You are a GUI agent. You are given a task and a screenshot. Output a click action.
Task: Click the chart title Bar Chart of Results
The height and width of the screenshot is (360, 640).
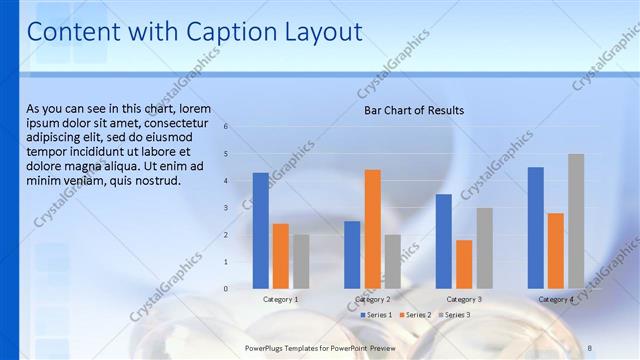point(413,111)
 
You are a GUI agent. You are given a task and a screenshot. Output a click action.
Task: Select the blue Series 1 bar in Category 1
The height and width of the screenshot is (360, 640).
point(261,231)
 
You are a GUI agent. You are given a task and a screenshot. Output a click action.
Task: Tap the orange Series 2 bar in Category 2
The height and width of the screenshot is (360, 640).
point(372,229)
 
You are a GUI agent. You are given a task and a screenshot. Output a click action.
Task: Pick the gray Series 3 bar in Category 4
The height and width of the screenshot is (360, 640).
point(576,221)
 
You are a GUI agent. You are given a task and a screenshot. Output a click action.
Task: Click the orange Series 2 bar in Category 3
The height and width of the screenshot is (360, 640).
point(464,264)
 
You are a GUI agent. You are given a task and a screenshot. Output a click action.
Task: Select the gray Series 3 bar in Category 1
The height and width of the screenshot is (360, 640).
point(301,261)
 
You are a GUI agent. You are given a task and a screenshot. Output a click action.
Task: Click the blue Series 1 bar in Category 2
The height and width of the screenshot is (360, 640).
point(352,255)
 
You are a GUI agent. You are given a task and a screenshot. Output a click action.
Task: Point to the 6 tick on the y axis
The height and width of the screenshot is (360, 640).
point(226,127)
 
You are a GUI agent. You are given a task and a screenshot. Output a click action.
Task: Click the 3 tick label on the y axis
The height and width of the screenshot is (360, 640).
point(226,208)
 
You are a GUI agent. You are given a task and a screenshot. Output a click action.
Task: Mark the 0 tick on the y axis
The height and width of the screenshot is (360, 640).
point(226,289)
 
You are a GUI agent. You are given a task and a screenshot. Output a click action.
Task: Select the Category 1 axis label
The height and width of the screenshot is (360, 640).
point(281,299)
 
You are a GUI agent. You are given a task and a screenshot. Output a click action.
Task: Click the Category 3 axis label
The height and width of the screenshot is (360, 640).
point(464,299)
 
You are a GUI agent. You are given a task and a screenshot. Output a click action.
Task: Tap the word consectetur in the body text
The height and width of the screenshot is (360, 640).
point(172,123)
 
